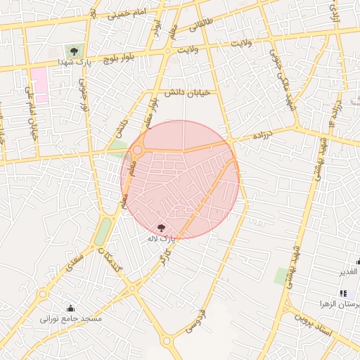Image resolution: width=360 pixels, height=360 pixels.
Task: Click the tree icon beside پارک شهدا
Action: [74, 51]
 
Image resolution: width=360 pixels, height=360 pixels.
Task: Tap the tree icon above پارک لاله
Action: [162, 227]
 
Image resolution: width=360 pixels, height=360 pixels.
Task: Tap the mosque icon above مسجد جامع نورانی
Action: [71, 308]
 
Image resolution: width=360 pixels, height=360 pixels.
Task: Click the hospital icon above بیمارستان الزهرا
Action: [343, 293]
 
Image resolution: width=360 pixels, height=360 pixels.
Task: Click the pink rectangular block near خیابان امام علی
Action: [39, 85]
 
